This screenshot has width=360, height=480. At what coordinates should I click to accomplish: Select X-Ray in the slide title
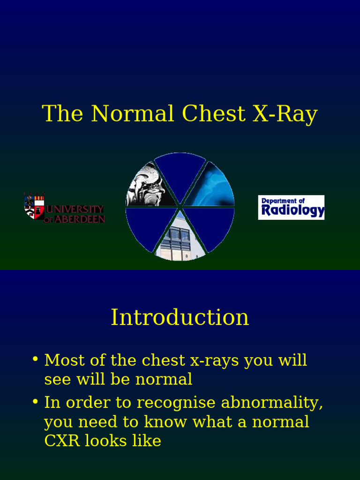[x=285, y=114]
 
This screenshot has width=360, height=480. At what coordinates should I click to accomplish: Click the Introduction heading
[x=180, y=317]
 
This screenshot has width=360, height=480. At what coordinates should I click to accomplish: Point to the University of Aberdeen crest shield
[x=34, y=206]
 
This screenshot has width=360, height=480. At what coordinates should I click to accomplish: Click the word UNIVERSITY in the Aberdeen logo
[x=75, y=210]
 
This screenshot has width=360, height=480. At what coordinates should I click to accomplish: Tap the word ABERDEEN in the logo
[x=80, y=219]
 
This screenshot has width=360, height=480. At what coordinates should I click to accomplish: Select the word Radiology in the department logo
[x=292, y=211]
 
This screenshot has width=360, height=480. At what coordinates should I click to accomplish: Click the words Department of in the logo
[x=283, y=201]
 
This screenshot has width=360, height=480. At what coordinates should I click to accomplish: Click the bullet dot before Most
[x=35, y=360]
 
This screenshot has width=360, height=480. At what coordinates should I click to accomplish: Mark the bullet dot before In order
[x=35, y=402]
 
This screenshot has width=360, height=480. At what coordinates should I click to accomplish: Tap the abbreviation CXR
[x=62, y=441]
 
